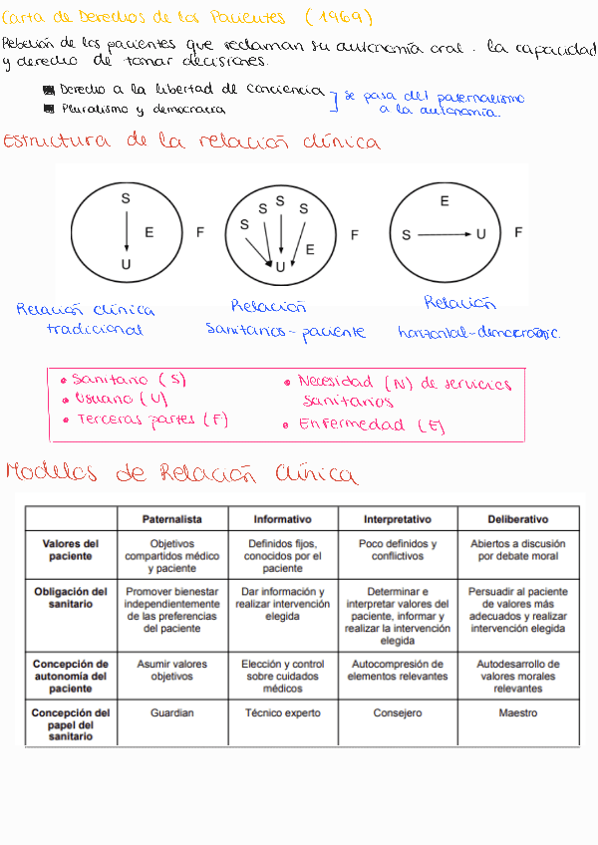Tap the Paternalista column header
tap(172, 519)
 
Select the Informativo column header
tap(282, 519)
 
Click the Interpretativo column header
tap(397, 519)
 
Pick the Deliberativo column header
tap(517, 519)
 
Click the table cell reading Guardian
tap(172, 713)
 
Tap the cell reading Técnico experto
tap(282, 713)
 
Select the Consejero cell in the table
tap(397, 713)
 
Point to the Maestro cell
tap(517, 713)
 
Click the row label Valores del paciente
tap(70, 550)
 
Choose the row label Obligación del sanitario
tap(70, 598)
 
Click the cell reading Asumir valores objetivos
tap(172, 670)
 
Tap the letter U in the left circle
tap(126, 264)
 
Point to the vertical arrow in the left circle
tap(126, 231)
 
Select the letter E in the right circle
tap(445, 201)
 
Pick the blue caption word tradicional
tap(95, 330)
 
